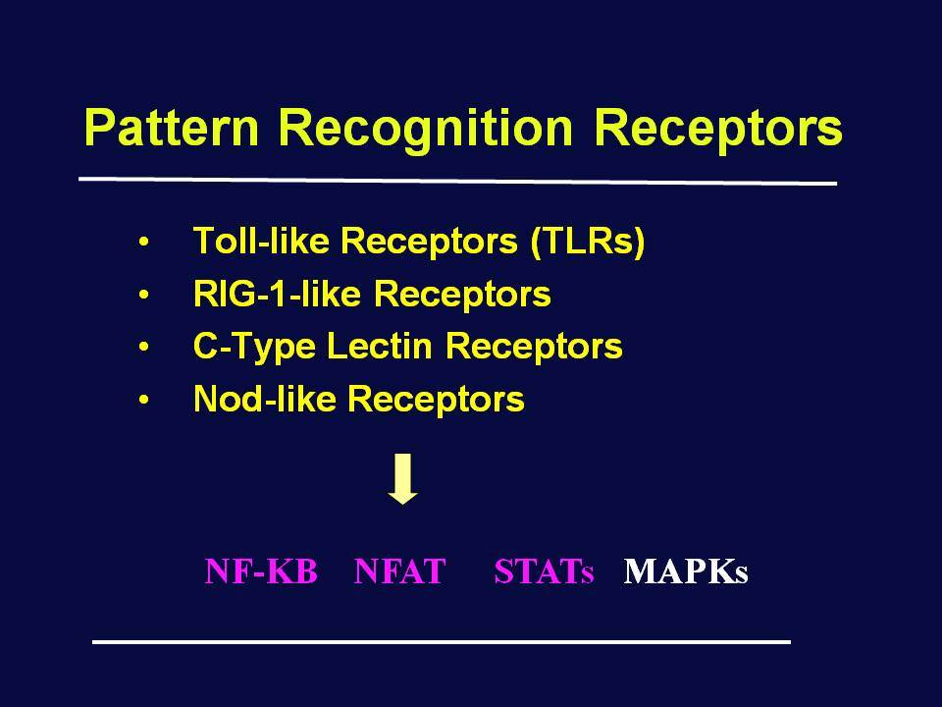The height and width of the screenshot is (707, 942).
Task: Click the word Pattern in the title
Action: pyautogui.click(x=171, y=127)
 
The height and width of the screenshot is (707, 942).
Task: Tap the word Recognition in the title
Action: pyautogui.click(x=426, y=131)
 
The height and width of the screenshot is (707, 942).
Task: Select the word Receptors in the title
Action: pyautogui.click(x=718, y=131)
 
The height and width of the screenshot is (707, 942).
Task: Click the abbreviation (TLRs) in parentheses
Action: pyautogui.click(x=588, y=242)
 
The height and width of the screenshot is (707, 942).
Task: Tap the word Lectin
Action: pyautogui.click(x=379, y=346)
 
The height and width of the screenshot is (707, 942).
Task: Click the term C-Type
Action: pyautogui.click(x=254, y=347)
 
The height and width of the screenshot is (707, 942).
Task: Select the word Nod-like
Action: pyautogui.click(x=264, y=398)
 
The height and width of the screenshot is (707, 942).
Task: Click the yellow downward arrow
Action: pyautogui.click(x=402, y=478)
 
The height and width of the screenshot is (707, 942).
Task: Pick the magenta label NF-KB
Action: pyautogui.click(x=261, y=571)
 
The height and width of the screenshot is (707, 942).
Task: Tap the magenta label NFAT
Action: pyautogui.click(x=400, y=571)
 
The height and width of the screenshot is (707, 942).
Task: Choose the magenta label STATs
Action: pyautogui.click(x=544, y=571)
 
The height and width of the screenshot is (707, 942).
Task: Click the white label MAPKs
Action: pyautogui.click(x=686, y=571)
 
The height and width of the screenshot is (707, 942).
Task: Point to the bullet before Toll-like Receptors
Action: pyautogui.click(x=143, y=243)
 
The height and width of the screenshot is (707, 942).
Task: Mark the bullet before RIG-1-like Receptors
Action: pyautogui.click(x=143, y=296)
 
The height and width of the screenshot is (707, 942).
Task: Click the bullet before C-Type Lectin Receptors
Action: pyautogui.click(x=143, y=347)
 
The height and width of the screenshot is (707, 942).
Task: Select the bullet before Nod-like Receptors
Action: pyautogui.click(x=143, y=400)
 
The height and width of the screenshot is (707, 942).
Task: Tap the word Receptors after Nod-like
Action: pyautogui.click(x=436, y=400)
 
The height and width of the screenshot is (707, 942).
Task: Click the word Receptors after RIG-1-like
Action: pyautogui.click(x=462, y=296)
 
